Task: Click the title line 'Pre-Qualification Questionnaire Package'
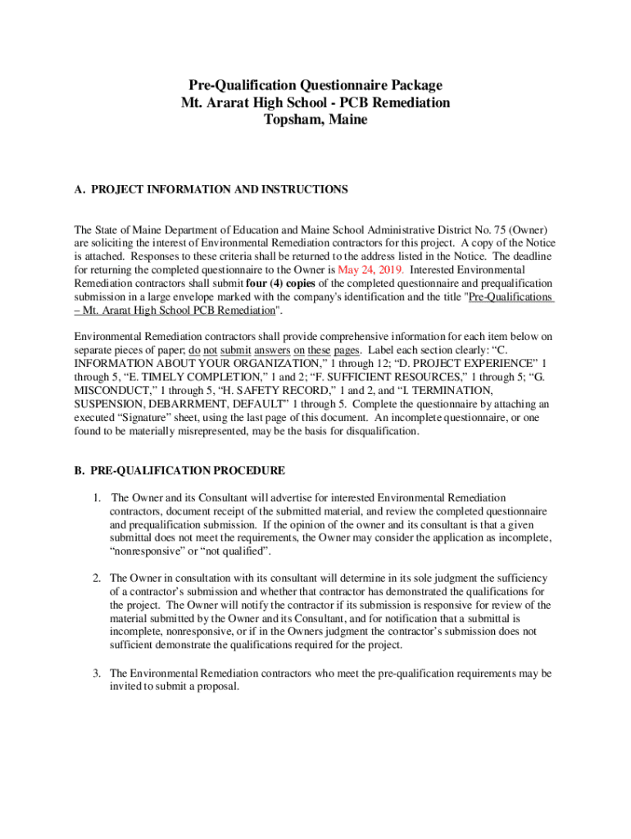[x=315, y=85]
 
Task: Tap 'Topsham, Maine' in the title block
[x=315, y=120]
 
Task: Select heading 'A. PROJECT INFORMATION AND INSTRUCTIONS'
[x=211, y=189]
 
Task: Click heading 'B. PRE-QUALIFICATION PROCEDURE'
[x=179, y=470]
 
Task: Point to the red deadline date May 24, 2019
[x=370, y=269]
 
